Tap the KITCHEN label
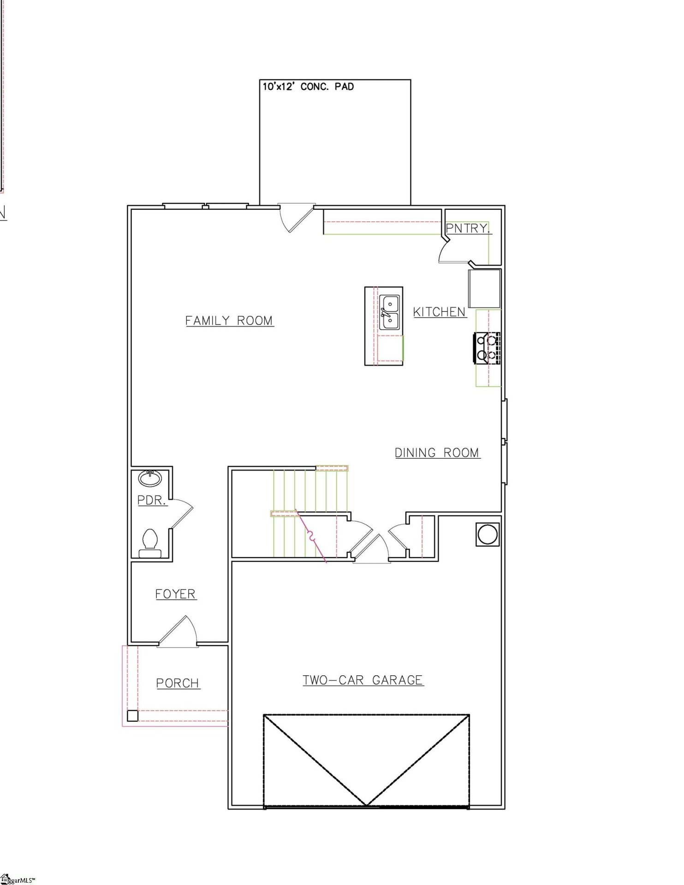439,312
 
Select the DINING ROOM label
437,453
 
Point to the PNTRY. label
467,228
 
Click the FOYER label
175,594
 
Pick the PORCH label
177,683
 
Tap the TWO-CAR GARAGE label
363,680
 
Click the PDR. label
151,500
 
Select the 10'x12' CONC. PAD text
308,87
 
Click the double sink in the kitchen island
389,313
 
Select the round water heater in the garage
488,534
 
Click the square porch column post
132,715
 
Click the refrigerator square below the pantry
484,289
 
